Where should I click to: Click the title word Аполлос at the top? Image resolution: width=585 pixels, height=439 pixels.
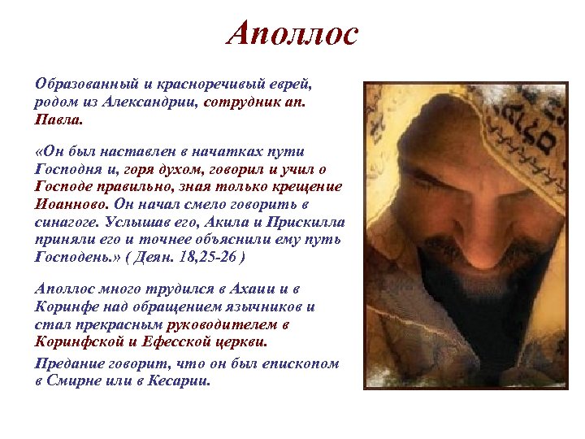pyautogui.click(x=292, y=33)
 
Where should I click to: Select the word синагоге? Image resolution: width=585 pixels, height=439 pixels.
pyautogui.click(x=68, y=223)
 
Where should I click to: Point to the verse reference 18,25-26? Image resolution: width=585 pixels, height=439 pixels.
pyautogui.click(x=199, y=258)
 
